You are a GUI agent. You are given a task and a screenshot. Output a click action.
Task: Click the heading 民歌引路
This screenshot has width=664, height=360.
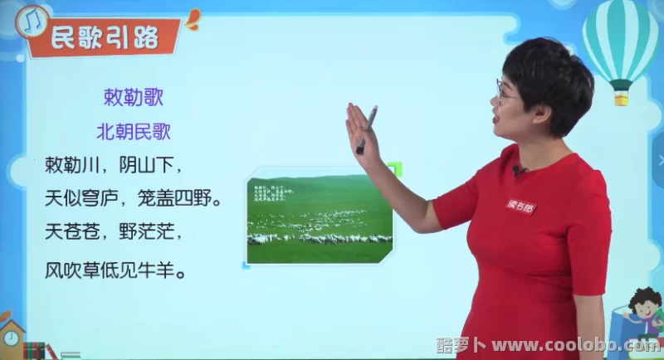click(103, 37)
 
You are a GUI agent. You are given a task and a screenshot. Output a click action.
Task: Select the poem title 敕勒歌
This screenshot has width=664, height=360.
click(133, 97)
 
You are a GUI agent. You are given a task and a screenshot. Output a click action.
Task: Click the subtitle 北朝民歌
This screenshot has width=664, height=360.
click(133, 131)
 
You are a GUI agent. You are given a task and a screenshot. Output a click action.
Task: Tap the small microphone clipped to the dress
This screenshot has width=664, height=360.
click(519, 171)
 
